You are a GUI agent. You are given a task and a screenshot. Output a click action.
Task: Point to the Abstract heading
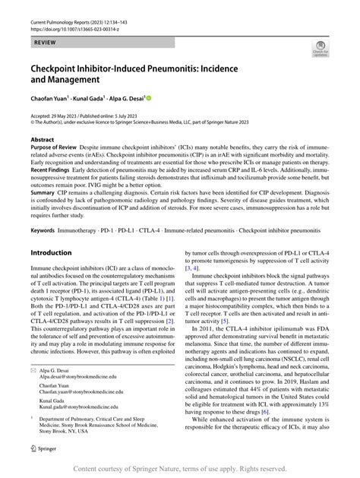pyautogui.click(x=42, y=140)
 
